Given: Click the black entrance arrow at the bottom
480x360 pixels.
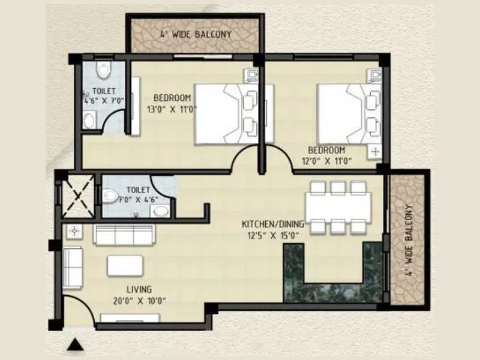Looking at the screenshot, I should pyautogui.click(x=75, y=344).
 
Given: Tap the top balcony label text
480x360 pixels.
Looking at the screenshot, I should pyautogui.click(x=195, y=34).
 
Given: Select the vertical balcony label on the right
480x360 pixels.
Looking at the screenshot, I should pyautogui.click(x=410, y=239).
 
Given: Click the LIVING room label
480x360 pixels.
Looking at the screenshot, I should pyautogui.click(x=139, y=289).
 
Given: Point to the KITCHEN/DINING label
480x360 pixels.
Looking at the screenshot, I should pyautogui.click(x=273, y=224).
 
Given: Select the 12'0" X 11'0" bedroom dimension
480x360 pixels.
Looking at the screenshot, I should pyautogui.click(x=326, y=160).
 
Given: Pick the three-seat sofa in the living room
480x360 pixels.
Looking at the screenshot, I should pyautogui.click(x=124, y=234).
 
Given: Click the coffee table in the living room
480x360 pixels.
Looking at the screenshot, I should pyautogui.click(x=125, y=266).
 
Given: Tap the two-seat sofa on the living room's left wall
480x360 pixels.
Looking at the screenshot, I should pyautogui.click(x=73, y=268).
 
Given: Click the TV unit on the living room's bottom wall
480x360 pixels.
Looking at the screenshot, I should pyautogui.click(x=130, y=318).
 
